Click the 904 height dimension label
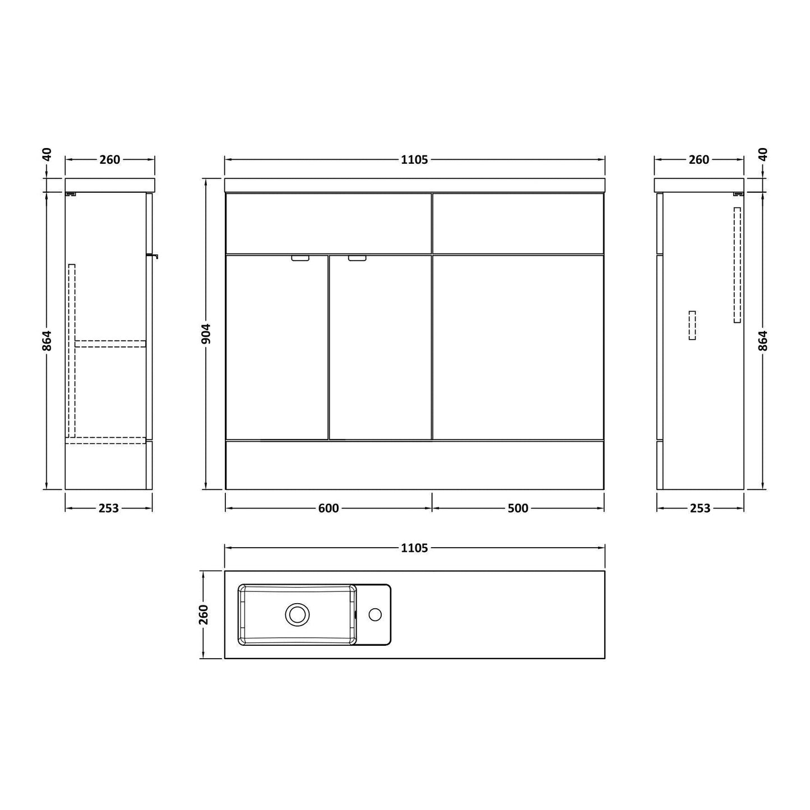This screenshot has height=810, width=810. pos(206,334)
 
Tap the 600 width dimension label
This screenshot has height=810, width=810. pos(328,508)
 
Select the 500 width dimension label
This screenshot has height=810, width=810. pos(518,508)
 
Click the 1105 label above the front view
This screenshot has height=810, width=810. pos(414,160)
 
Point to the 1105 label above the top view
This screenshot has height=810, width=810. pos(414,548)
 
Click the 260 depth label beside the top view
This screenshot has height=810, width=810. pos(204,614)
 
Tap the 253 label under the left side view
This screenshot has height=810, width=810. pos(109,508)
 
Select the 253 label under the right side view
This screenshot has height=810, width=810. pos(700,508)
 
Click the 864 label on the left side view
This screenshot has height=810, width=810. pos(47,340)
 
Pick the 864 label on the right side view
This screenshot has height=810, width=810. pos(763,340)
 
